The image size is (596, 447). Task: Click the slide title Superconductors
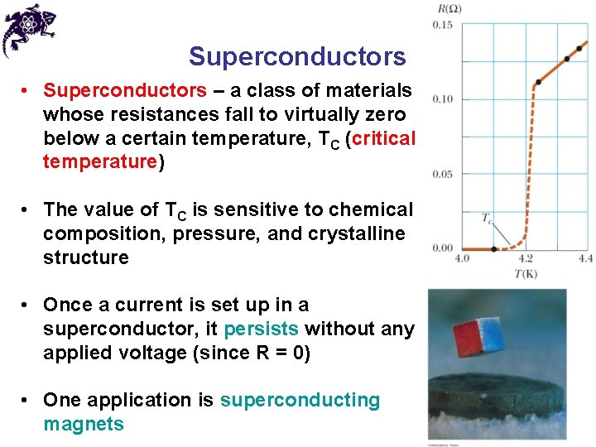pyautogui.click(x=297, y=57)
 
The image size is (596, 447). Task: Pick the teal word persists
pyautogui.click(x=261, y=329)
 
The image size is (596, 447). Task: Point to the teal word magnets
pyautogui.click(x=84, y=425)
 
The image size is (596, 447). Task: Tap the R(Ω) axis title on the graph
pyautogui.click(x=450, y=10)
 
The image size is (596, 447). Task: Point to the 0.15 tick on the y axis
pyautogui.click(x=443, y=25)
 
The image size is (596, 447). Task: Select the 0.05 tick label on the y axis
pyautogui.click(x=443, y=174)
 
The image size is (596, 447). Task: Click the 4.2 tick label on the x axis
pyautogui.click(x=525, y=259)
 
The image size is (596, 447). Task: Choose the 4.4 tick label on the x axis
pyautogui.click(x=586, y=259)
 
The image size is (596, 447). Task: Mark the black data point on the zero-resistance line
pyautogui.click(x=493, y=248)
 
